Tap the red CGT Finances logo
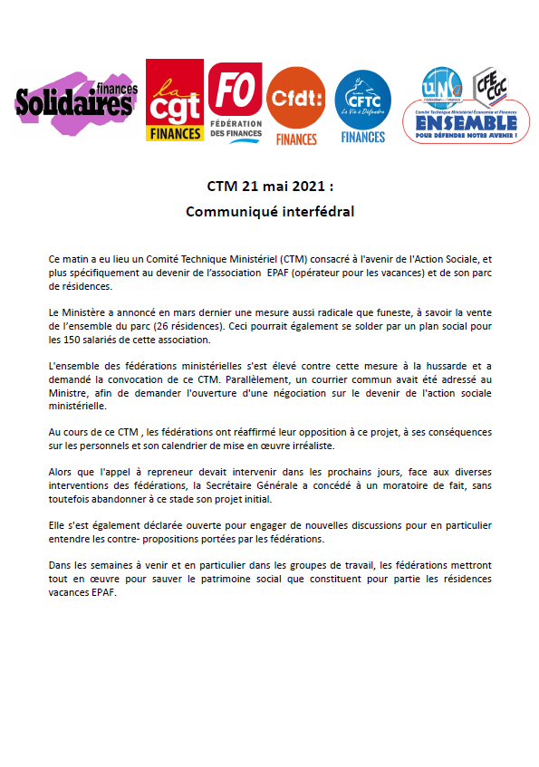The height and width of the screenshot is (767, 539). tap(176, 101)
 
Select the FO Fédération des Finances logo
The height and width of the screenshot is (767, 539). tap(236, 101)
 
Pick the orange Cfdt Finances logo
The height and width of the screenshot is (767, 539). tap(296, 105)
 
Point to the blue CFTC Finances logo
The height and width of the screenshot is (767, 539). tap(362, 107)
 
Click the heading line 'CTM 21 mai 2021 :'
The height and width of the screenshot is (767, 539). tap(269, 187)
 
